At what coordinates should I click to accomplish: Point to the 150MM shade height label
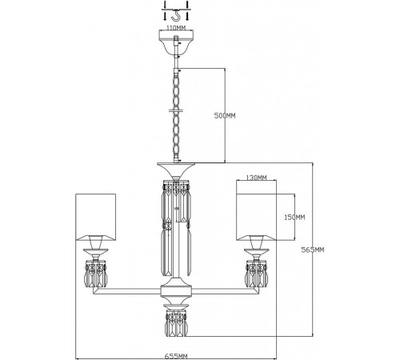point(295,217)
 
